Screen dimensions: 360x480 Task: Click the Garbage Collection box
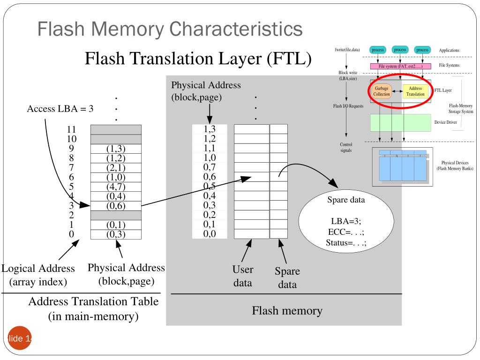(x=381, y=91)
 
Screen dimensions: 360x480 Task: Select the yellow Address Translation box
(x=415, y=91)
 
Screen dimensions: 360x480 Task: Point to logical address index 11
(x=71, y=129)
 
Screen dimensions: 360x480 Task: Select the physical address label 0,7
(x=210, y=166)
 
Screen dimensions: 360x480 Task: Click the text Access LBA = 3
(x=60, y=109)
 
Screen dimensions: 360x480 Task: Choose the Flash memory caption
(x=287, y=310)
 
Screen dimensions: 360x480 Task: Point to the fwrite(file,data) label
(x=347, y=50)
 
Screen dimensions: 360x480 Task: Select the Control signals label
(x=346, y=148)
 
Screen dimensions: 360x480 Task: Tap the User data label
(x=243, y=276)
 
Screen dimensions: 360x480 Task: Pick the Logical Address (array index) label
(x=38, y=275)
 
